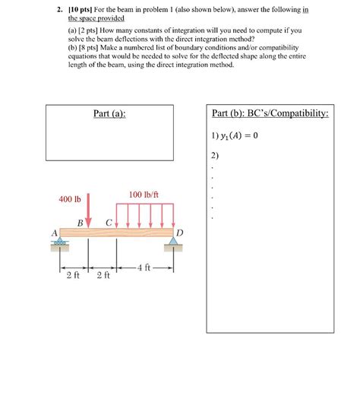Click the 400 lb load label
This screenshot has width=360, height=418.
pyautogui.click(x=70, y=199)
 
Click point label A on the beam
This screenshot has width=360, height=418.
pyautogui.click(x=54, y=231)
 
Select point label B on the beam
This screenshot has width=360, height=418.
pyautogui.click(x=81, y=222)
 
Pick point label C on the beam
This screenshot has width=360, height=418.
pyautogui.click(x=109, y=222)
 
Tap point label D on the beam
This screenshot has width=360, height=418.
pyautogui.click(x=179, y=231)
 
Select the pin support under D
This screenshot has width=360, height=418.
pyautogui.click(x=174, y=244)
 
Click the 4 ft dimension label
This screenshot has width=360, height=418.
pyautogui.click(x=146, y=267)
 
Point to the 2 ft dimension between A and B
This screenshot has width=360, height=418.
pyautogui.click(x=73, y=276)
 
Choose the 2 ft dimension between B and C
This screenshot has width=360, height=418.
pyautogui.click(x=103, y=276)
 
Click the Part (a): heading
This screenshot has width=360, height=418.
pyautogui.click(x=109, y=114)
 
